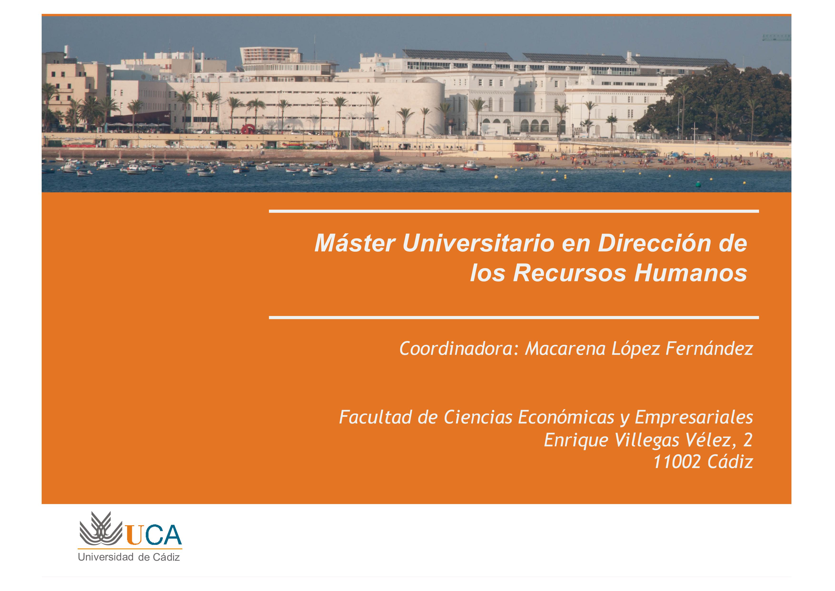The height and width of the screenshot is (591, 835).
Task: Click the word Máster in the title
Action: [x=355, y=243]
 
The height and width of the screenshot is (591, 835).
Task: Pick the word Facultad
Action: [x=376, y=417]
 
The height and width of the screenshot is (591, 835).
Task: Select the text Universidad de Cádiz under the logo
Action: [x=129, y=557]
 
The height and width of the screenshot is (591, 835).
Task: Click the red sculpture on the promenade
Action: [x=249, y=129]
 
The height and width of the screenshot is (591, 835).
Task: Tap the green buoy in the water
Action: [x=697, y=185]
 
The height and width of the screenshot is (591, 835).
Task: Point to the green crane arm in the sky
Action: [x=777, y=37]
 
